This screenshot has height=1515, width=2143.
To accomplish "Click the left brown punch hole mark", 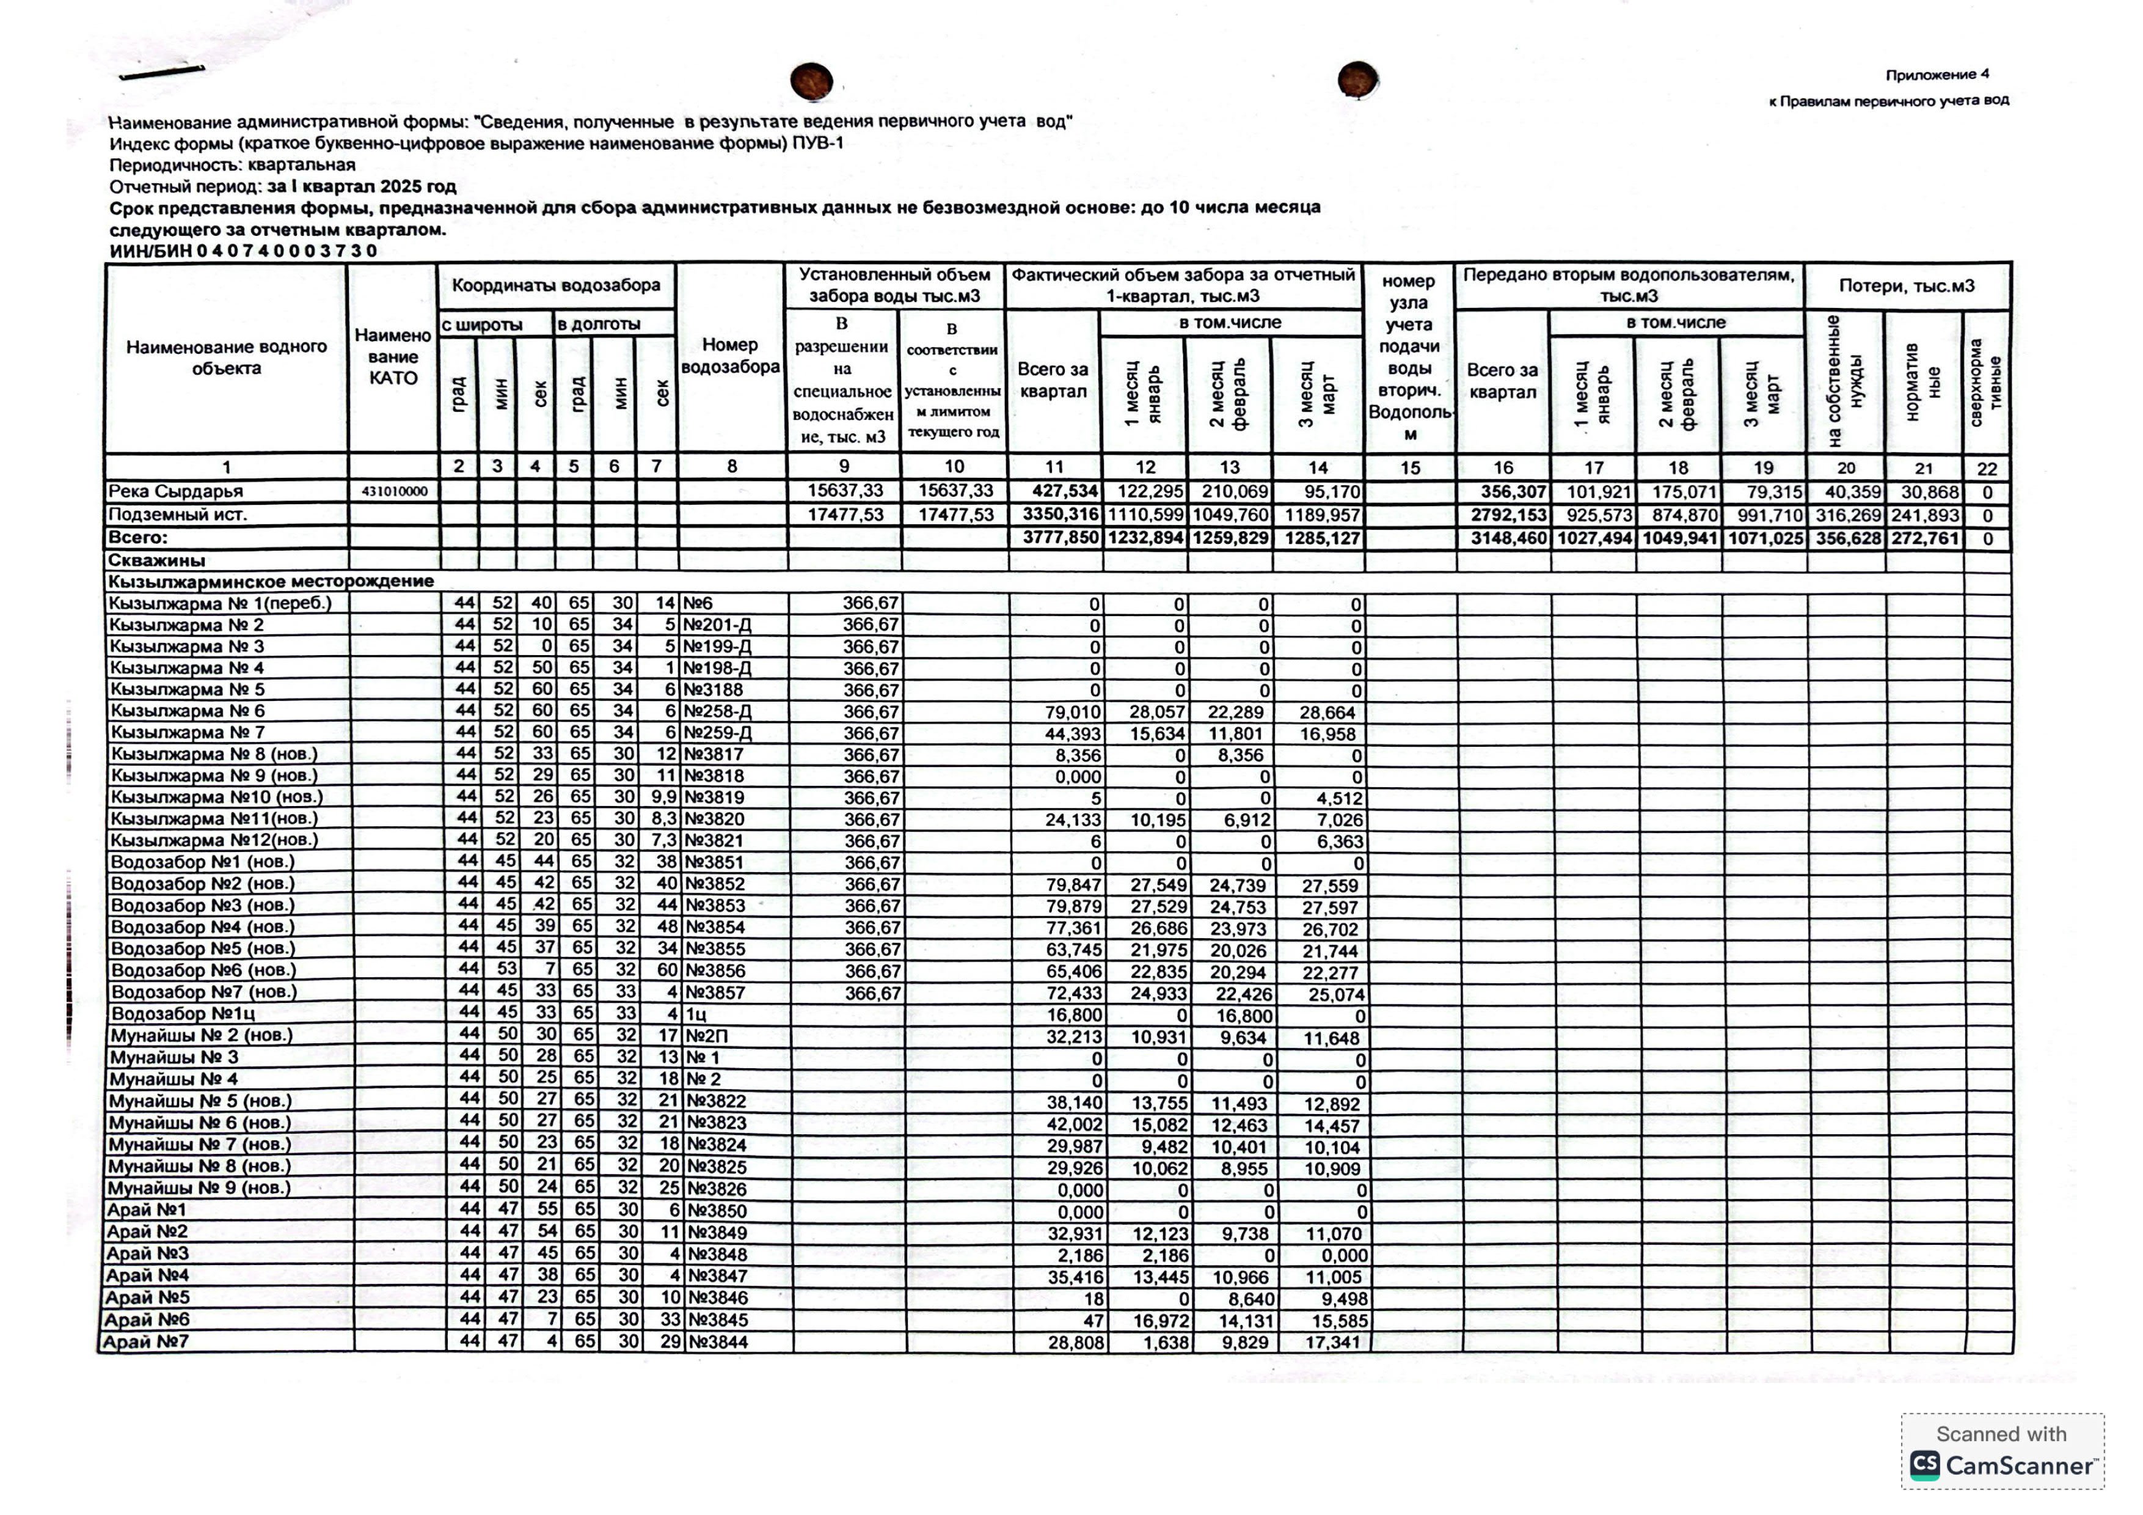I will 811,81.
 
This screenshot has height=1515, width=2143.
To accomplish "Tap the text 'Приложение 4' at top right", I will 1937,75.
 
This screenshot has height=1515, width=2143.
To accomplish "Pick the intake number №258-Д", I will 718,711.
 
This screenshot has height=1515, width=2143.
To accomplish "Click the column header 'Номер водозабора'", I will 730,356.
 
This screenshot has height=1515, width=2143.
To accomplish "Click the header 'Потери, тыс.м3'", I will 1906,285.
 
